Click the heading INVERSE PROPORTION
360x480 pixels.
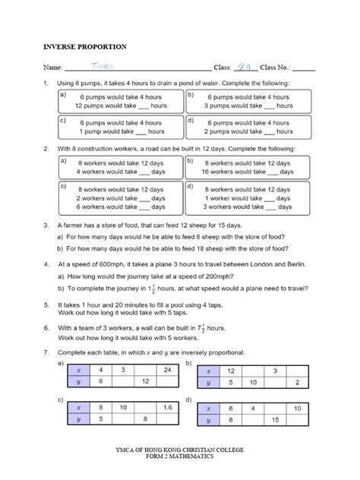point(74,46)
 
